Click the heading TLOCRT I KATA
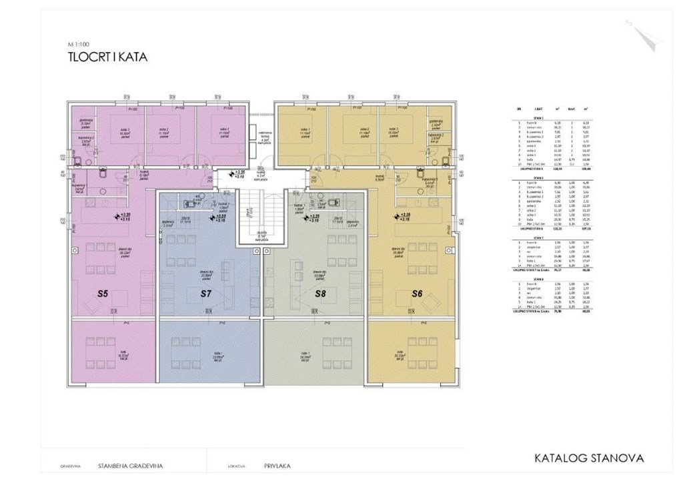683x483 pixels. [107, 57]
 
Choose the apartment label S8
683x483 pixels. [321, 293]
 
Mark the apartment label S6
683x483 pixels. [418, 293]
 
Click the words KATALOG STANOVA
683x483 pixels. [589, 458]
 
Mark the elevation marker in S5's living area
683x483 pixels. [124, 216]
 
